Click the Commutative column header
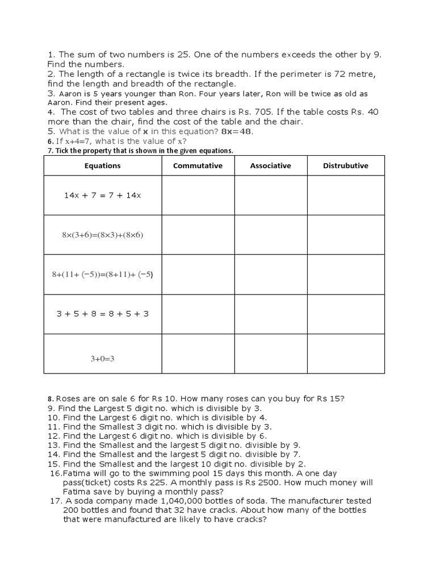point(198,166)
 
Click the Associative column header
point(271,166)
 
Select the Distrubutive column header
point(346,166)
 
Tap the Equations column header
point(103,166)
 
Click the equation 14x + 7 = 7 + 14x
point(103,195)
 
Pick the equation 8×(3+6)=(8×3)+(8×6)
point(103,235)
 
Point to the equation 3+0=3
point(103,359)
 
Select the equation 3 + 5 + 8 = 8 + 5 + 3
point(103,314)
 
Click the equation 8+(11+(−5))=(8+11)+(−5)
point(103,274)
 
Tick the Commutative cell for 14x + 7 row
point(198,195)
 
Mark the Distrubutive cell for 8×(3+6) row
point(346,235)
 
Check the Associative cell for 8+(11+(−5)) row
point(271,274)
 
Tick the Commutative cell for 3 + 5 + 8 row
point(198,314)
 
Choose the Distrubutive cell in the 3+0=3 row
point(346,354)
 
